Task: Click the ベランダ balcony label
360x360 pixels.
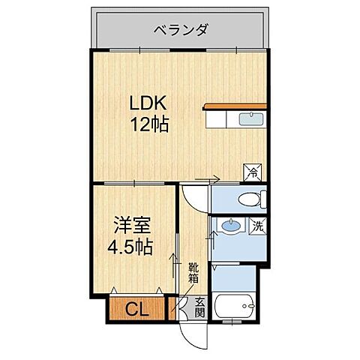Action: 181,31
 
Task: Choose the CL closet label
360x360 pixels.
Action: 136,307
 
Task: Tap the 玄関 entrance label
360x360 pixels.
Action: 199,307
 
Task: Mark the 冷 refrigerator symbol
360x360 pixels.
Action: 253,171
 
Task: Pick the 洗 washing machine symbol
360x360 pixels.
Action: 257,225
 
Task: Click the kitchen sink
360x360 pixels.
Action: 250,119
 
